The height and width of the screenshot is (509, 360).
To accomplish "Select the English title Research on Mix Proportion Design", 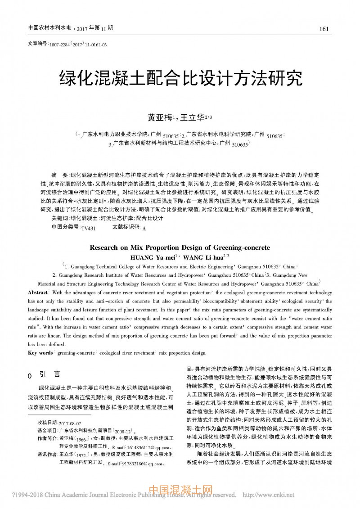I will click(180, 248).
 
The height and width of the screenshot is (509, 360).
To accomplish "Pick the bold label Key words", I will click(40, 353).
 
